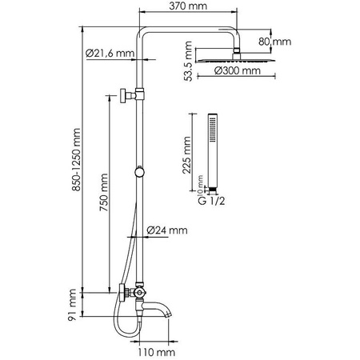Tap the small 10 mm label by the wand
pyautogui.click(x=200, y=188)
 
